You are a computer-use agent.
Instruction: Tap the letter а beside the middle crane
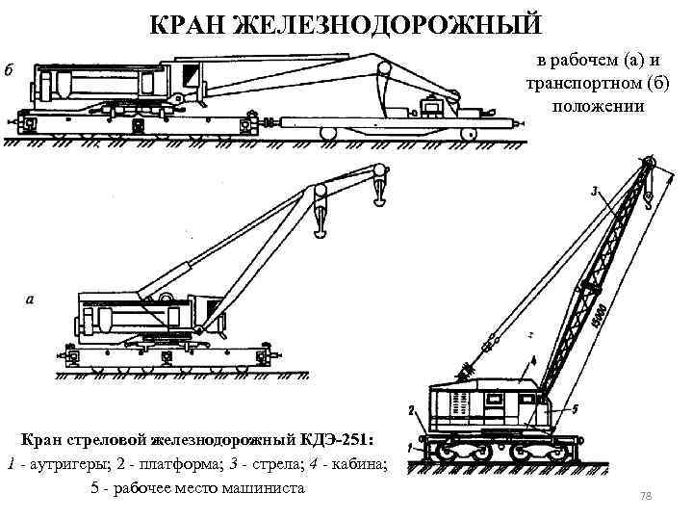30,299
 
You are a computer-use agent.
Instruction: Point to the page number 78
647,495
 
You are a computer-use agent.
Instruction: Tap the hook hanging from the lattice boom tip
650,197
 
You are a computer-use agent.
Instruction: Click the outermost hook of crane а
381,193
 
